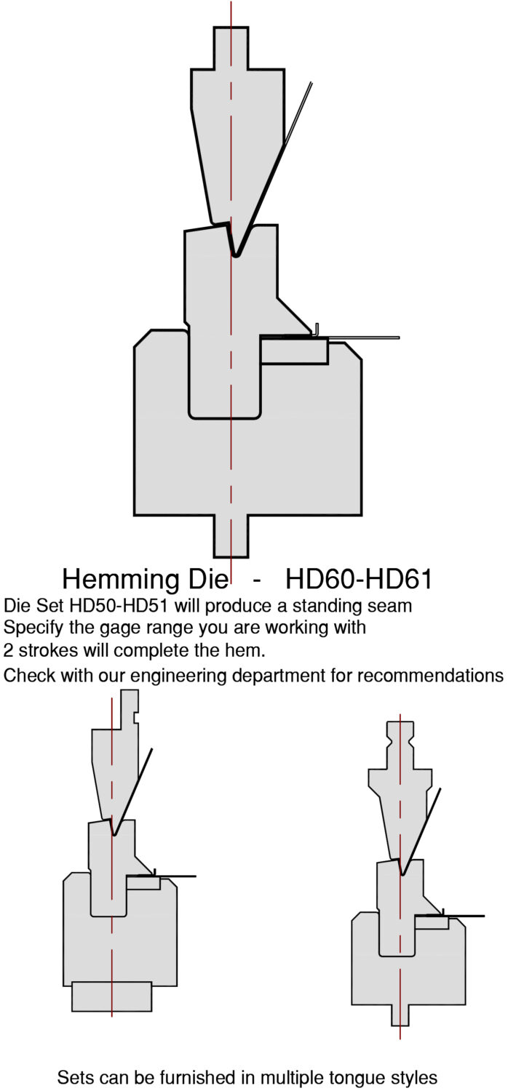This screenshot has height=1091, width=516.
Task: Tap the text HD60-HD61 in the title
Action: point(359,579)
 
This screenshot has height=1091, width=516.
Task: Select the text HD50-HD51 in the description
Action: point(120,606)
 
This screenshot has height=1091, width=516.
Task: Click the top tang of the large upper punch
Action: point(231,48)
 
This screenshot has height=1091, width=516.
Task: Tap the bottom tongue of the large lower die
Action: point(231,536)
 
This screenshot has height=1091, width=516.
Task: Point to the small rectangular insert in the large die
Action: point(294,351)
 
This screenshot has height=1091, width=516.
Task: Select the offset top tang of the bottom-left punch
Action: point(130,709)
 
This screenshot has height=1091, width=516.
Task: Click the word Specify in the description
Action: point(34,628)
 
